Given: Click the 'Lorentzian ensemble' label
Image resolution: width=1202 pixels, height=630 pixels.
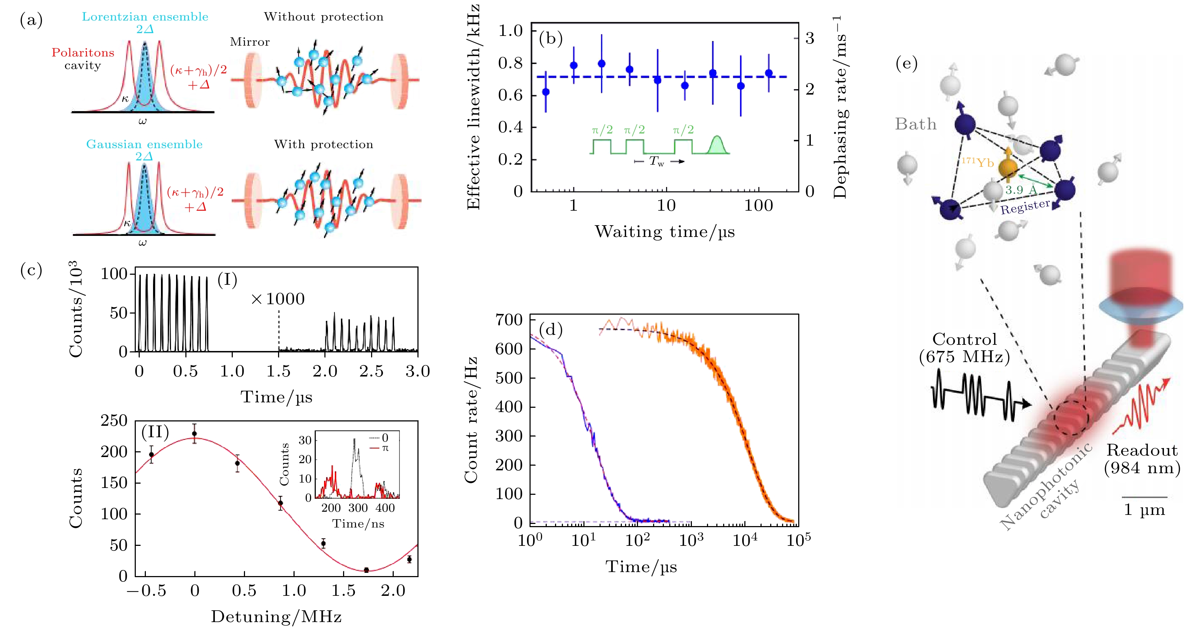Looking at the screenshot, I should click(x=145, y=17).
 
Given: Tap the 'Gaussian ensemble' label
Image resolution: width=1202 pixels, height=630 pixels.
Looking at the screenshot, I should click(x=144, y=144).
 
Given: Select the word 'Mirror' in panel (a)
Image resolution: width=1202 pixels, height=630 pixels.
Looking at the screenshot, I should click(x=250, y=42).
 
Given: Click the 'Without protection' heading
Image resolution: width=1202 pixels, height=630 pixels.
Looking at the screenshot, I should click(x=323, y=17).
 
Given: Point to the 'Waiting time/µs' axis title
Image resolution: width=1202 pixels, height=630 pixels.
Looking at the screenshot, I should click(x=665, y=232).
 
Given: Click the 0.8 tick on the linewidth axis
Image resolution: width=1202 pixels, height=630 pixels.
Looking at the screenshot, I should click(x=510, y=63).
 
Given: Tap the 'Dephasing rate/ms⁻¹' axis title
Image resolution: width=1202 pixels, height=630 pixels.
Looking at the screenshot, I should click(x=840, y=108).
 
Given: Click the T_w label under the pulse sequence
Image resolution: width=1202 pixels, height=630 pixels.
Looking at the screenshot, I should click(x=657, y=161).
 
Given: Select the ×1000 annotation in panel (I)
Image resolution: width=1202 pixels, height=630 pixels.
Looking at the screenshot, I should click(x=278, y=299).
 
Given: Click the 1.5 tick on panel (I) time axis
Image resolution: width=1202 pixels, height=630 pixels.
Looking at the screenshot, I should click(x=278, y=371).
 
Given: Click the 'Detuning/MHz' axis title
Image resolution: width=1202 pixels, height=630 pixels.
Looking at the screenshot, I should click(x=276, y=616).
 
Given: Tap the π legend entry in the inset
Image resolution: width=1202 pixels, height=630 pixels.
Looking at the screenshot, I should click(x=385, y=448).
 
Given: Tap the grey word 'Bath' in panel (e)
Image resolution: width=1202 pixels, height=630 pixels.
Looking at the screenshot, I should click(x=915, y=124).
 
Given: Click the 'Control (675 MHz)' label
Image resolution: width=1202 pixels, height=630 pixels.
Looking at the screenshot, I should click(x=964, y=348).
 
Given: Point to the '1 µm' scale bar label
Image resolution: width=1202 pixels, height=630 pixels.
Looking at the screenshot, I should click(x=1144, y=510).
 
